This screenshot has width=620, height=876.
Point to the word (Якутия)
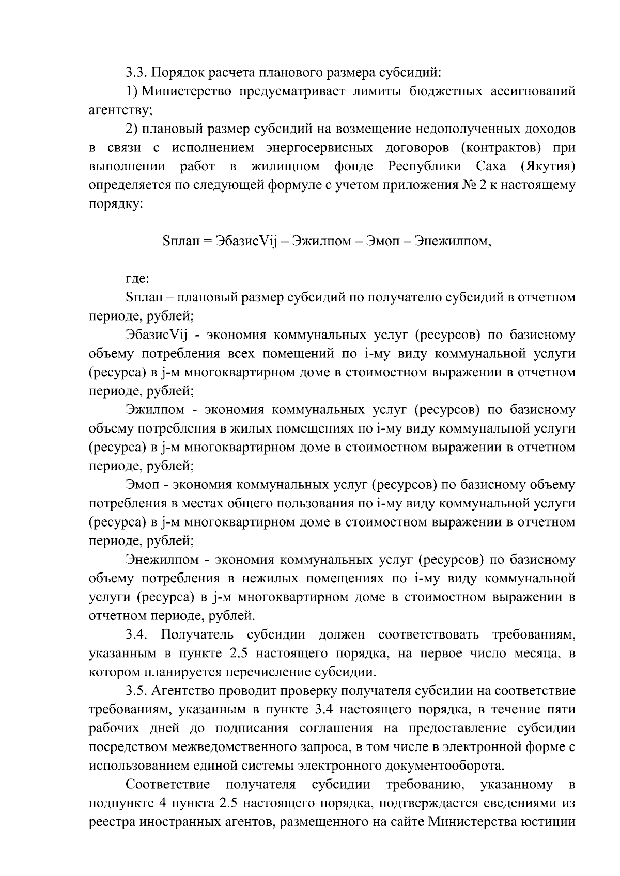pos(548,167)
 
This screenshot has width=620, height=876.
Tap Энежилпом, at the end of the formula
pos(454,241)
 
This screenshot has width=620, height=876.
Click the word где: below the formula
pos(137,279)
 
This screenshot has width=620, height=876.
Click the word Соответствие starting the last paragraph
pos(168,785)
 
